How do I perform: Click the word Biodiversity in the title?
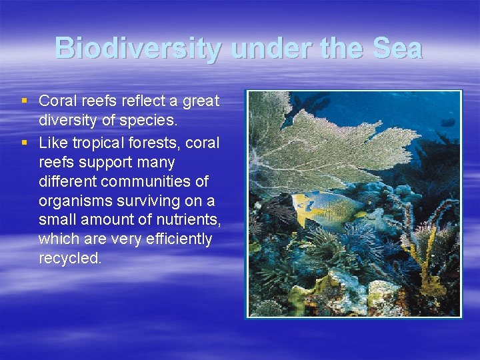point(138,49)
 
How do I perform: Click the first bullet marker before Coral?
point(25,101)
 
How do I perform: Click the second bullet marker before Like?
point(25,142)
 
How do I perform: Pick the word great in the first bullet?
point(201,101)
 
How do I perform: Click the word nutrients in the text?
point(188,220)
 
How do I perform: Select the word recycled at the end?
point(70,259)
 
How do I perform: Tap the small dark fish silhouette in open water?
point(447,123)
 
